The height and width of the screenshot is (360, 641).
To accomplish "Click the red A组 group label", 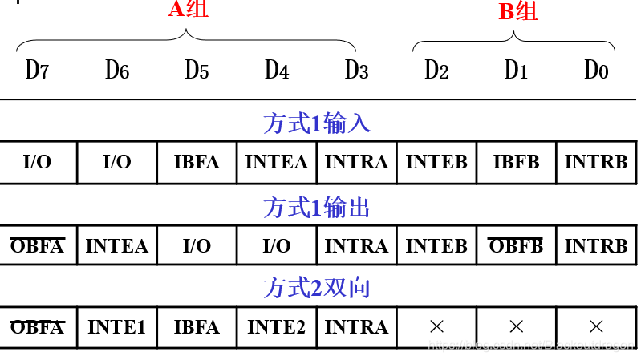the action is pos(188,10).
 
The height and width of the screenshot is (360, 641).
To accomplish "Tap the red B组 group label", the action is pos(518,12).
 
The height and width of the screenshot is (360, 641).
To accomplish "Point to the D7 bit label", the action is pos(37,71).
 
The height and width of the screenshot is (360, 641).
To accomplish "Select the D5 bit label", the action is pos(197,71).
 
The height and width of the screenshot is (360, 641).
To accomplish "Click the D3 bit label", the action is pos(356,71).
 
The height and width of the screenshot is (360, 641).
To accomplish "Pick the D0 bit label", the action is pos(596,71).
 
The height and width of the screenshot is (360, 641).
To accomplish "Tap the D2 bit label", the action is pos(436,71).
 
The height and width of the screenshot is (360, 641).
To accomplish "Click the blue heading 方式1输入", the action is pos(316,123).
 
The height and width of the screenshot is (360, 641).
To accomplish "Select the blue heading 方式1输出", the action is pos(316,208).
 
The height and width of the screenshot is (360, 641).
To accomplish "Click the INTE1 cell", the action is pos(116,327).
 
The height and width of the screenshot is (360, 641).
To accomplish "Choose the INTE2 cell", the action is pos(276,327).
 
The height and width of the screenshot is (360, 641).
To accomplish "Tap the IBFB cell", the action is pos(516,162).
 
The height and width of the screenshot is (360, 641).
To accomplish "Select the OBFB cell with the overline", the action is pos(516,245).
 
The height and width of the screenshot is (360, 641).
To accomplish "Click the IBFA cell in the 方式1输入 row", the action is pos(197,162).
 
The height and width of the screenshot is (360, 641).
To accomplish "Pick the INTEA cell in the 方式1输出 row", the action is pos(116,245).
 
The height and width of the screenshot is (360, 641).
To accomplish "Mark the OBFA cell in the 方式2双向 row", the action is pos(37,327).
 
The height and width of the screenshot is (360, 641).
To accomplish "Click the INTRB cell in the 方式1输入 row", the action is pos(596,162).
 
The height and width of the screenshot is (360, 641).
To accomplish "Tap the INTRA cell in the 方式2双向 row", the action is pos(356,327).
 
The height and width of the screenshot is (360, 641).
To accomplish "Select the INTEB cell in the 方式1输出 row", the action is pos(436,245).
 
